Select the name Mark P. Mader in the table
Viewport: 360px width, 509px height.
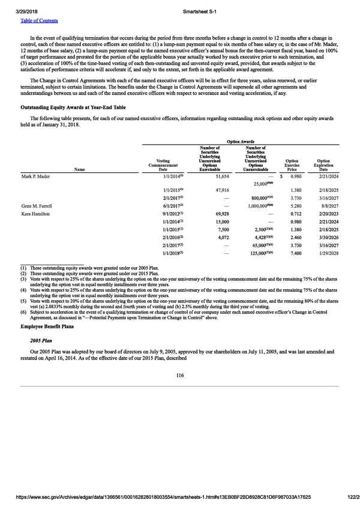tap(35, 175)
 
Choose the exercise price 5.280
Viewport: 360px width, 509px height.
tap(292, 205)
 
